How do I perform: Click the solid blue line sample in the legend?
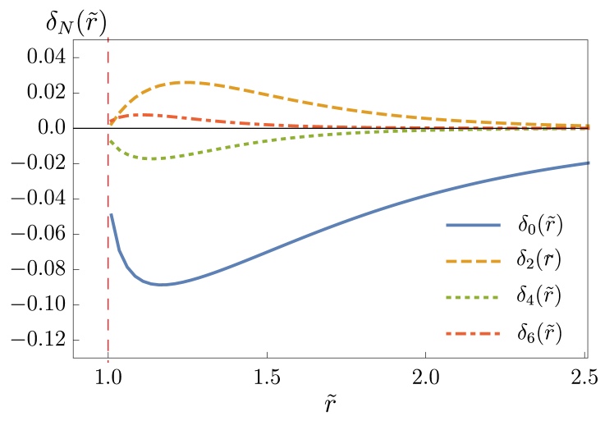click(473, 225)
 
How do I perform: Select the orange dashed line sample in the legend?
click(473, 261)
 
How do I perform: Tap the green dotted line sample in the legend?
click(473, 297)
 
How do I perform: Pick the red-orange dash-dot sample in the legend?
click(473, 333)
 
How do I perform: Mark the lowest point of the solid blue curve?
click(162, 285)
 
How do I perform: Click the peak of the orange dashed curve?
click(189, 82)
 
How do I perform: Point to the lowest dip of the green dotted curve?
click(153, 158)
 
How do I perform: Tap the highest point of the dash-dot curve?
click(144, 115)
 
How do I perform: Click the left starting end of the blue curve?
click(110, 214)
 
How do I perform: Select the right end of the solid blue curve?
click(589, 162)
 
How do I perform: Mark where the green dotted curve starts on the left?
click(110, 140)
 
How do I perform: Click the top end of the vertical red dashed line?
click(108, 38)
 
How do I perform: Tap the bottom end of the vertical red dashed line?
click(108, 360)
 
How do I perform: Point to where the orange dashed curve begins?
click(110, 124)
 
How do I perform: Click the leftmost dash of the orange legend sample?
click(451, 261)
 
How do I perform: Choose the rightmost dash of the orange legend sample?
click(495, 261)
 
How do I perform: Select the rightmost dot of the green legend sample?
click(497, 297)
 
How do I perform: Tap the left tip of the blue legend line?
click(447, 225)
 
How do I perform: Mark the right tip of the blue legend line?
click(500, 225)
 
